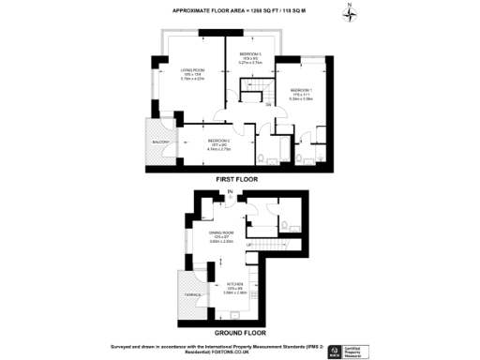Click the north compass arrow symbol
tap(349, 12)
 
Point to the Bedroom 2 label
tap(218, 141)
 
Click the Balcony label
tap(159, 142)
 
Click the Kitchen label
tap(234, 284)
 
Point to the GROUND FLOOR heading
tap(240, 332)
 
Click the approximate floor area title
tap(240, 10)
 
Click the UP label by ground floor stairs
tap(249, 245)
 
